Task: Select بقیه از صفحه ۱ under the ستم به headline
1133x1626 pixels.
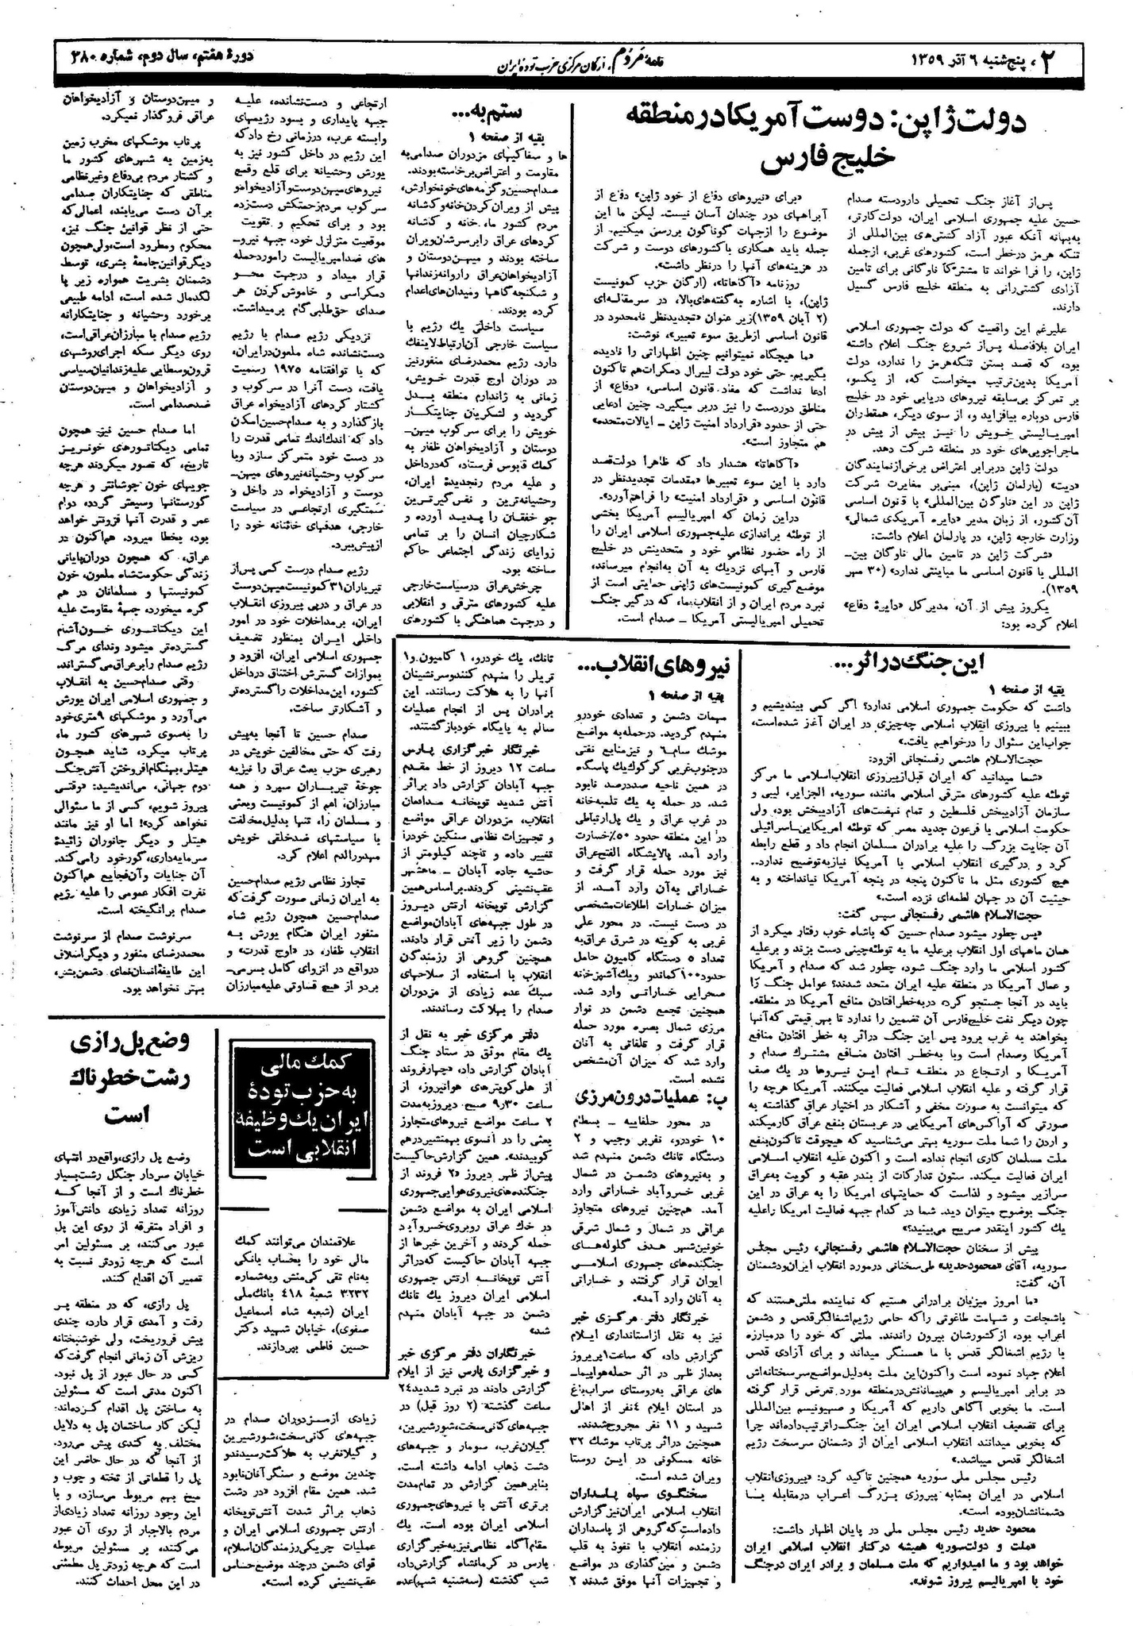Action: click(x=489, y=136)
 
